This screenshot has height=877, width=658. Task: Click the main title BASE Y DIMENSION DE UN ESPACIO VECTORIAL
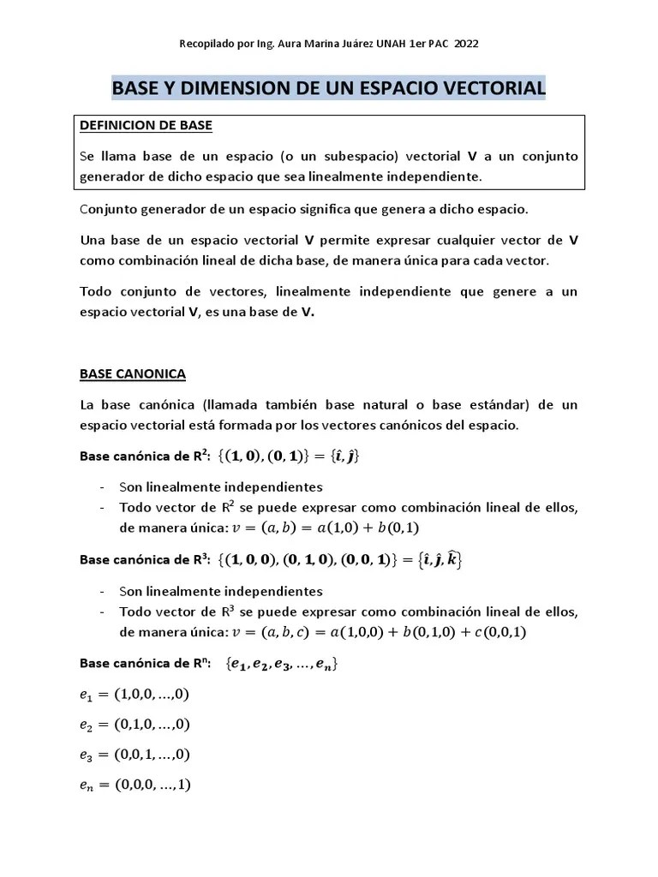pyautogui.click(x=329, y=87)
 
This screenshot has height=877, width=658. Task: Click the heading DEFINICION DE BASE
pyautogui.click(x=146, y=126)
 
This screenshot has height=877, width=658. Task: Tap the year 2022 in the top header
pyautogui.click(x=477, y=44)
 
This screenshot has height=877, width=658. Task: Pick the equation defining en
pyautogui.click(x=135, y=785)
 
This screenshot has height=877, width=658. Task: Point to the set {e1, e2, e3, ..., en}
pyautogui.click(x=283, y=664)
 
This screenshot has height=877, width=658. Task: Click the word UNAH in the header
pyautogui.click(x=394, y=44)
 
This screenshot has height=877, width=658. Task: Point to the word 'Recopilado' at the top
pyautogui.click(x=206, y=44)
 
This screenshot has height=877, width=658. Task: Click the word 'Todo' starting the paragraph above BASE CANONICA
pyautogui.click(x=96, y=292)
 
